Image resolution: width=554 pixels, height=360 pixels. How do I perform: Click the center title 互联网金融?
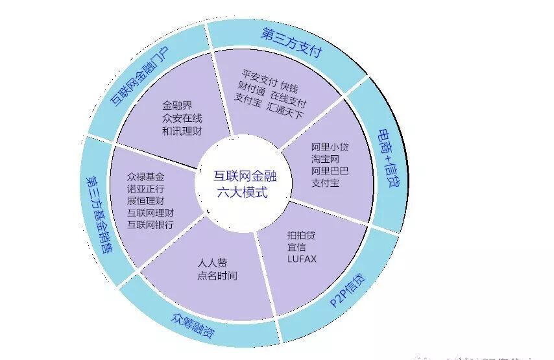point(241,175)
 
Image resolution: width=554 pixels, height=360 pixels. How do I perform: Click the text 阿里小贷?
point(330,147)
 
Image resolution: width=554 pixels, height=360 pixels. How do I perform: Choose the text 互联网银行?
point(151,224)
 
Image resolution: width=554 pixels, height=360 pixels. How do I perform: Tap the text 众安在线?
point(180,117)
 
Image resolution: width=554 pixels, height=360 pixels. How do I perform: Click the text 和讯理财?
point(180,130)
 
